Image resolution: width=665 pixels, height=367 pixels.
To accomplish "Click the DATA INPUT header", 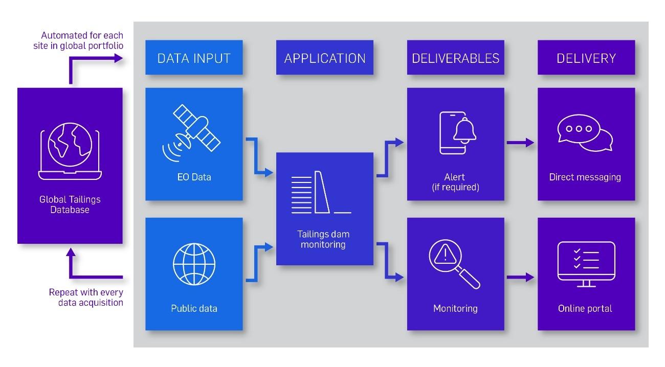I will click(194, 58).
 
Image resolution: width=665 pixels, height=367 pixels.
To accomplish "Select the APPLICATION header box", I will click(325, 58).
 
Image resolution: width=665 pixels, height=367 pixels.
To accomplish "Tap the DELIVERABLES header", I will click(455, 58).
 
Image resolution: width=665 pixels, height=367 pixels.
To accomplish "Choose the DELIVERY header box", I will click(586, 58).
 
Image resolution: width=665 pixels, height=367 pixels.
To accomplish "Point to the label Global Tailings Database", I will click(70, 204).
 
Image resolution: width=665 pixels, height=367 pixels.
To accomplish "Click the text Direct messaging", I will click(585, 177).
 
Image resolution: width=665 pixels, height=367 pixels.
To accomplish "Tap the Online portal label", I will click(585, 308).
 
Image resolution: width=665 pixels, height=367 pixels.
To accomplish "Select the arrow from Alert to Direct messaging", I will click(520, 143).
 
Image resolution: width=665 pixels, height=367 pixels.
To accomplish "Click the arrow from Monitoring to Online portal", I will click(520, 278).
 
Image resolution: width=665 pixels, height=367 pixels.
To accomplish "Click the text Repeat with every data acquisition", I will click(86, 297).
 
